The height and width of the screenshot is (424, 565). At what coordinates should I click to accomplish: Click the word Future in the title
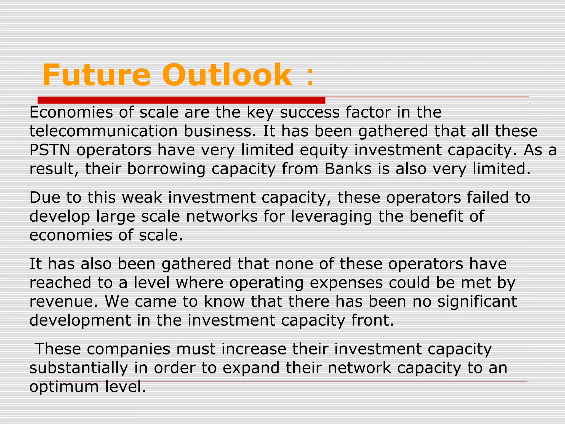point(96,75)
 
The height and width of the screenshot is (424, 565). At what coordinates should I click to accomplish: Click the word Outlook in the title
point(227,75)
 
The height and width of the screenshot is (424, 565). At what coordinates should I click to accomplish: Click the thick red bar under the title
point(181,100)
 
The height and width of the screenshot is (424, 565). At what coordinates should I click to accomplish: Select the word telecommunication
point(103,131)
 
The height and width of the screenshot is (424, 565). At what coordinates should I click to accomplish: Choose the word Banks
point(348,169)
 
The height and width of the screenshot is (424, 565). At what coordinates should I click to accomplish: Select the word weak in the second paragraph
point(142,198)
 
